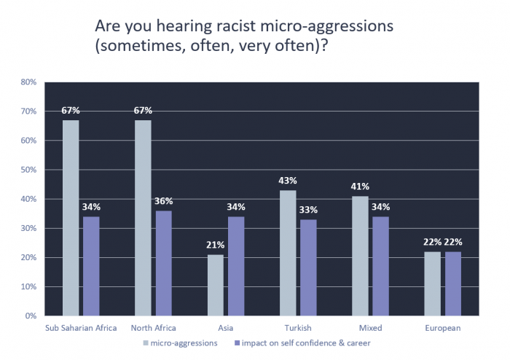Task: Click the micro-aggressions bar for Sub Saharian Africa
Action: pyautogui.click(x=71, y=218)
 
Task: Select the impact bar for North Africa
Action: pyautogui.click(x=163, y=263)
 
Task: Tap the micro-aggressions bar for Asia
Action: pyautogui.click(x=215, y=285)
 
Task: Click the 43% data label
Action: pyautogui.click(x=287, y=181)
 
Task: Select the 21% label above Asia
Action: pyautogui.click(x=215, y=246)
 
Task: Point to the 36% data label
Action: pyautogui.click(x=163, y=202)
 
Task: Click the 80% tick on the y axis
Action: pyautogui.click(x=28, y=82)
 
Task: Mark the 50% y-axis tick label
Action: pyautogui.click(x=28, y=170)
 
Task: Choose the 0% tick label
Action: pyautogui.click(x=31, y=316)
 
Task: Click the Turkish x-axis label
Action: pyautogui.click(x=297, y=328)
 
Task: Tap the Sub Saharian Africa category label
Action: pyautogui.click(x=81, y=328)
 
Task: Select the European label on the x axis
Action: pyautogui.click(x=442, y=328)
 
